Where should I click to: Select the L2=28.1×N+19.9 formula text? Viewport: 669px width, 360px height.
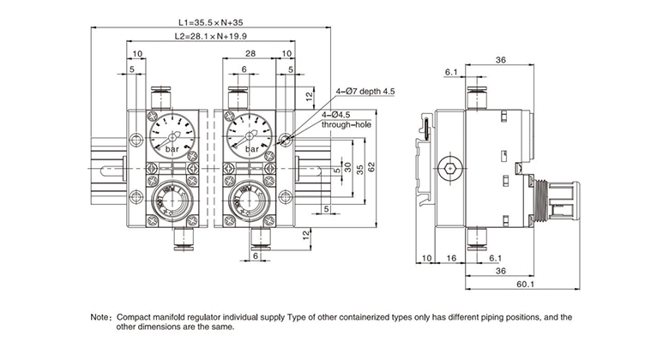click(x=210, y=37)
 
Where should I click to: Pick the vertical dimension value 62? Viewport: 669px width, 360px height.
click(x=371, y=167)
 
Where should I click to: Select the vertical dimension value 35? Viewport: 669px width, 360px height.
click(x=359, y=170)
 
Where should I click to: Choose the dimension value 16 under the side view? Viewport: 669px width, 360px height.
click(x=451, y=257)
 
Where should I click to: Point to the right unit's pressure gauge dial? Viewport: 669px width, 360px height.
click(x=250, y=135)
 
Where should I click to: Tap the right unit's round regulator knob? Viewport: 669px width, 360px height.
click(x=250, y=202)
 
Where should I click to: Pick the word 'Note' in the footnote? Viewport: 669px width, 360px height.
click(x=100, y=316)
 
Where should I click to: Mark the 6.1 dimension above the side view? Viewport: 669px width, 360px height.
click(x=452, y=72)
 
